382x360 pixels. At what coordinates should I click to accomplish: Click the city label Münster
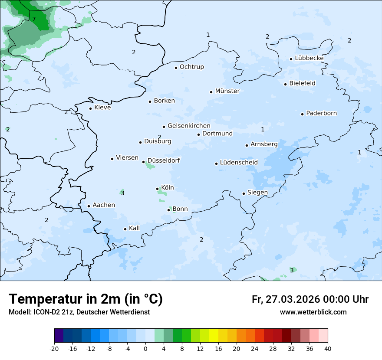click(227, 91)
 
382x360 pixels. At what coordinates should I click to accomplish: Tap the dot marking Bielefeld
click(285, 84)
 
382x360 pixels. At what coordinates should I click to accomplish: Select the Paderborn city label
click(321, 113)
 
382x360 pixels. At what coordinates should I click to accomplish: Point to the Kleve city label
click(102, 108)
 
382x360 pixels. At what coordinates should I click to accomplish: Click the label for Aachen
click(104, 205)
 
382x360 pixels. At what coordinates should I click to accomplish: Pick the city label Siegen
click(257, 193)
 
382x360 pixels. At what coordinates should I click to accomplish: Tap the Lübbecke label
click(309, 58)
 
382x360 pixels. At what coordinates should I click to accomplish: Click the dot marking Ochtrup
click(176, 68)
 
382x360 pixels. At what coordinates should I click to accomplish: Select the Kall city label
click(135, 228)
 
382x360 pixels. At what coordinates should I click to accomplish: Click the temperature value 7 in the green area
click(34, 19)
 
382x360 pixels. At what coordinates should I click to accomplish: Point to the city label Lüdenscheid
click(239, 163)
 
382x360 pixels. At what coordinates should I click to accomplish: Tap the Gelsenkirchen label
click(189, 126)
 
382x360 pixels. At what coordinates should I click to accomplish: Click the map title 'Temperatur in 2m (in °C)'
click(86, 299)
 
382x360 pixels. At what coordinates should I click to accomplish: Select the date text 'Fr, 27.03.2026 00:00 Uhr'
click(310, 299)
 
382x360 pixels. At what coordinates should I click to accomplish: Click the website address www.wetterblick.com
click(313, 312)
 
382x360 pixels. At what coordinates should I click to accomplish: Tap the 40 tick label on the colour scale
click(328, 348)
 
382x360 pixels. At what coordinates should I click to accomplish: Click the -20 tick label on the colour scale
click(54, 348)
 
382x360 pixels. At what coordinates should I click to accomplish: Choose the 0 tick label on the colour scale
click(145, 348)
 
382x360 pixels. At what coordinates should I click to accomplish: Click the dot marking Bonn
click(168, 210)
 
